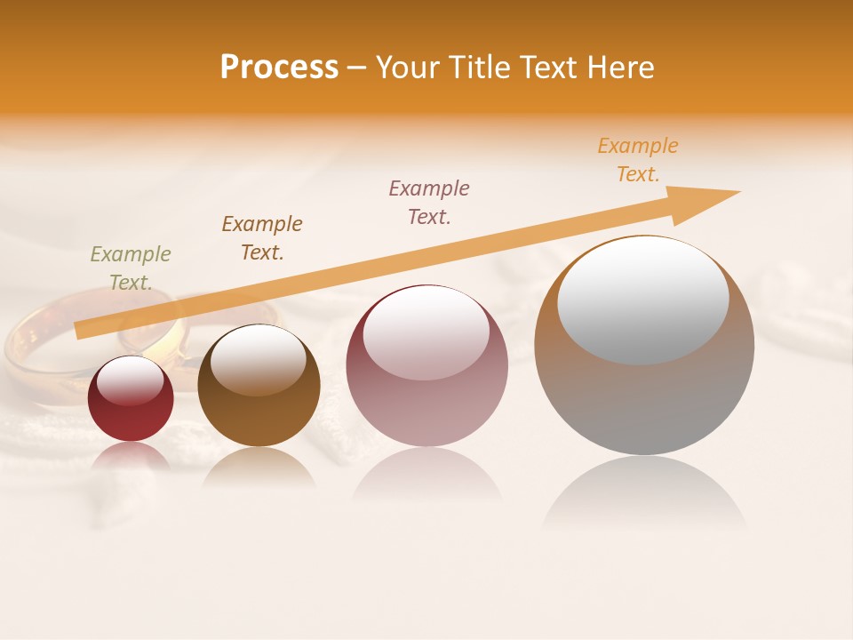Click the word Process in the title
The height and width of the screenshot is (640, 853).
point(279,68)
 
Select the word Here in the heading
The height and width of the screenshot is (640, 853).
point(618,68)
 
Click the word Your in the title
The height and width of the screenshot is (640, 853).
point(409,68)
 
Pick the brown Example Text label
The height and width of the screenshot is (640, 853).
point(262,238)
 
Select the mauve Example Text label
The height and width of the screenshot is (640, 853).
point(429,203)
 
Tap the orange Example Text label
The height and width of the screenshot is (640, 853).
point(638,160)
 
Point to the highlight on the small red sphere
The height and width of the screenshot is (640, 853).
point(130,380)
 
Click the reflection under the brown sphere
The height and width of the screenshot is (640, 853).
point(259,468)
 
